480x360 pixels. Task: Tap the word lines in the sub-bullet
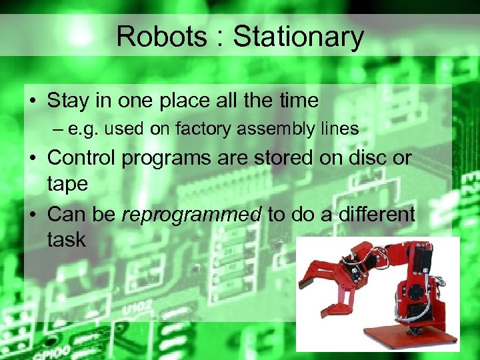tap(338, 129)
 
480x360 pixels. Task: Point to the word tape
tap(67, 185)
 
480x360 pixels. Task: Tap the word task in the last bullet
tap(67, 239)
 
